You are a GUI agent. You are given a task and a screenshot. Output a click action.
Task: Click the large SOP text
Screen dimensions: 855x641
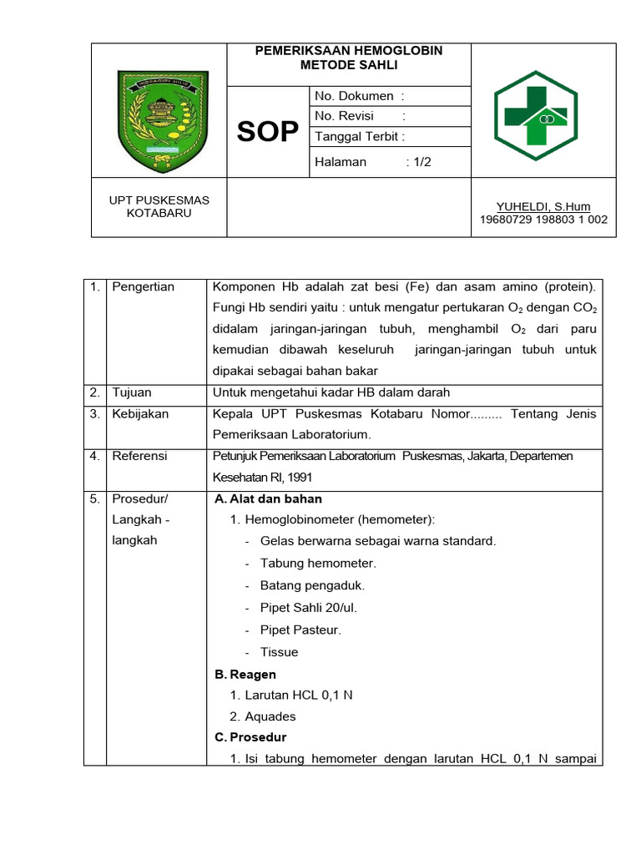tap(267, 132)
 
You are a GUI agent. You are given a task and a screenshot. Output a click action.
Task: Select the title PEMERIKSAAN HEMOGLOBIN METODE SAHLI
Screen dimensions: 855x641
tap(349, 58)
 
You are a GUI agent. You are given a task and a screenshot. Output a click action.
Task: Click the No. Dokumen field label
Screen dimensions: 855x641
tap(359, 96)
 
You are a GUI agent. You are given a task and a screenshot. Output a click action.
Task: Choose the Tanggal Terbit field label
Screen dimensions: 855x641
tap(360, 136)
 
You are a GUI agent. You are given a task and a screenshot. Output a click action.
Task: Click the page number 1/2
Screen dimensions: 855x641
tap(419, 162)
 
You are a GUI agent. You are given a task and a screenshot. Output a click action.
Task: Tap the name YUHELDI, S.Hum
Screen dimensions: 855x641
tap(543, 207)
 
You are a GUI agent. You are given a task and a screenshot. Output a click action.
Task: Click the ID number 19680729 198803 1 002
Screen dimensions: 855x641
tap(543, 220)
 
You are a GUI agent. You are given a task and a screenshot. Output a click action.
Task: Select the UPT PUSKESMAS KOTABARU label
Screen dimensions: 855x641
tap(159, 206)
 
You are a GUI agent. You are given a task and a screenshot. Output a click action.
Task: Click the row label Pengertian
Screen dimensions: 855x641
tap(143, 287)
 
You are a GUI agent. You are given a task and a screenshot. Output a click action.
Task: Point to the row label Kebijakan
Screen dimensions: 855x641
tap(140, 414)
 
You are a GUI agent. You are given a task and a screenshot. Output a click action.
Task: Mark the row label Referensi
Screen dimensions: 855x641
tap(139, 456)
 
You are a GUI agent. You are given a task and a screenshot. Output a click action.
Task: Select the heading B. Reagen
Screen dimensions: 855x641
tap(245, 674)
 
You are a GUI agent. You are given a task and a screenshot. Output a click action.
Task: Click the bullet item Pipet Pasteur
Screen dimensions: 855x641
tap(300, 630)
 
